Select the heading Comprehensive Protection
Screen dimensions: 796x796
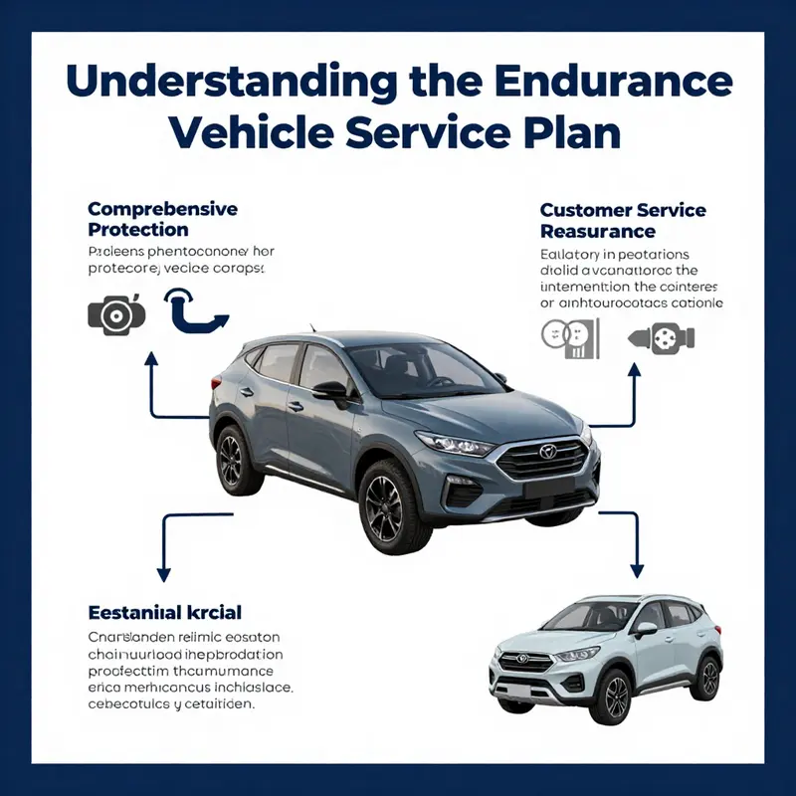(x=162, y=219)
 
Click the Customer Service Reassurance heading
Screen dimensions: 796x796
(x=622, y=221)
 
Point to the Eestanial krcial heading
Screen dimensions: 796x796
(x=165, y=612)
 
